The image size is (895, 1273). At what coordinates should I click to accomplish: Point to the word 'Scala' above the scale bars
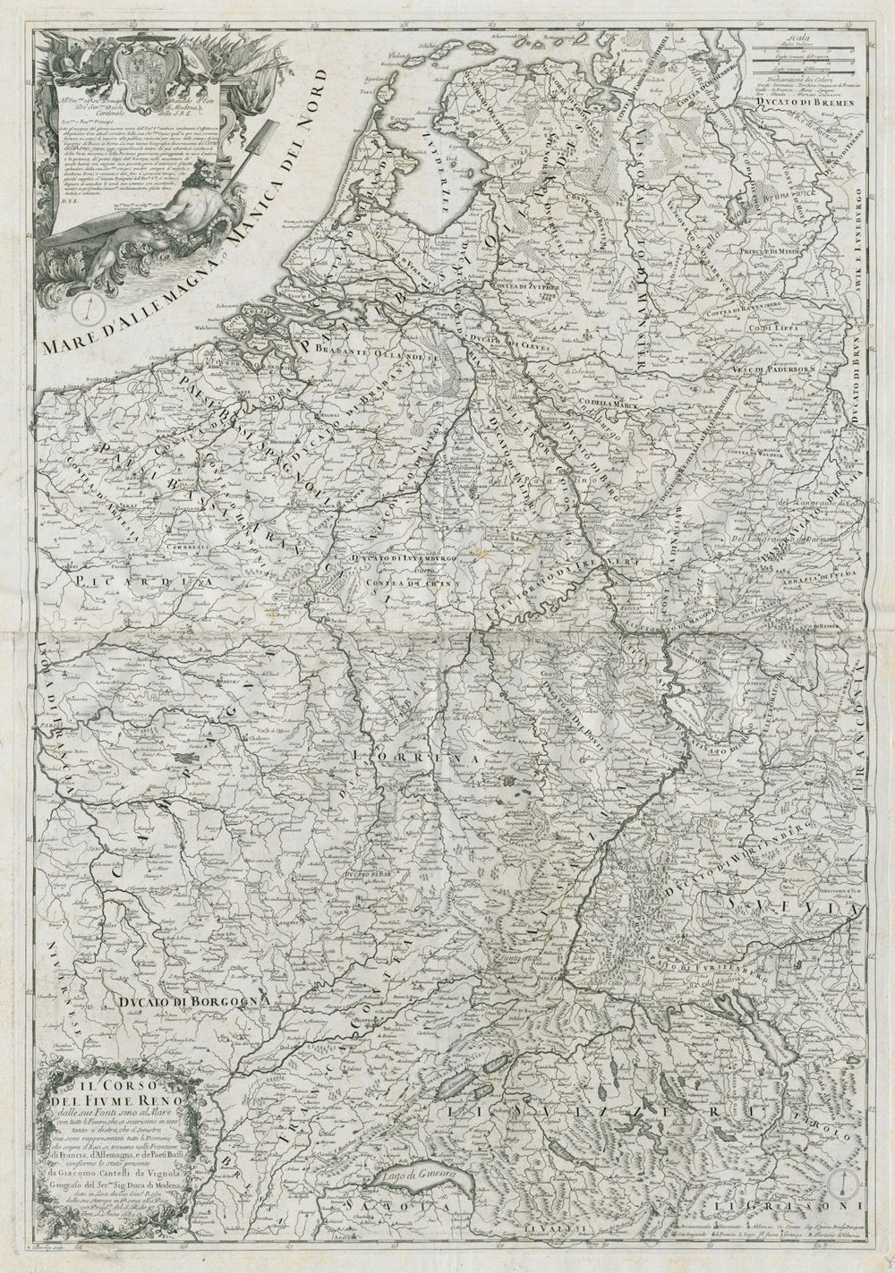(x=791, y=38)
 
